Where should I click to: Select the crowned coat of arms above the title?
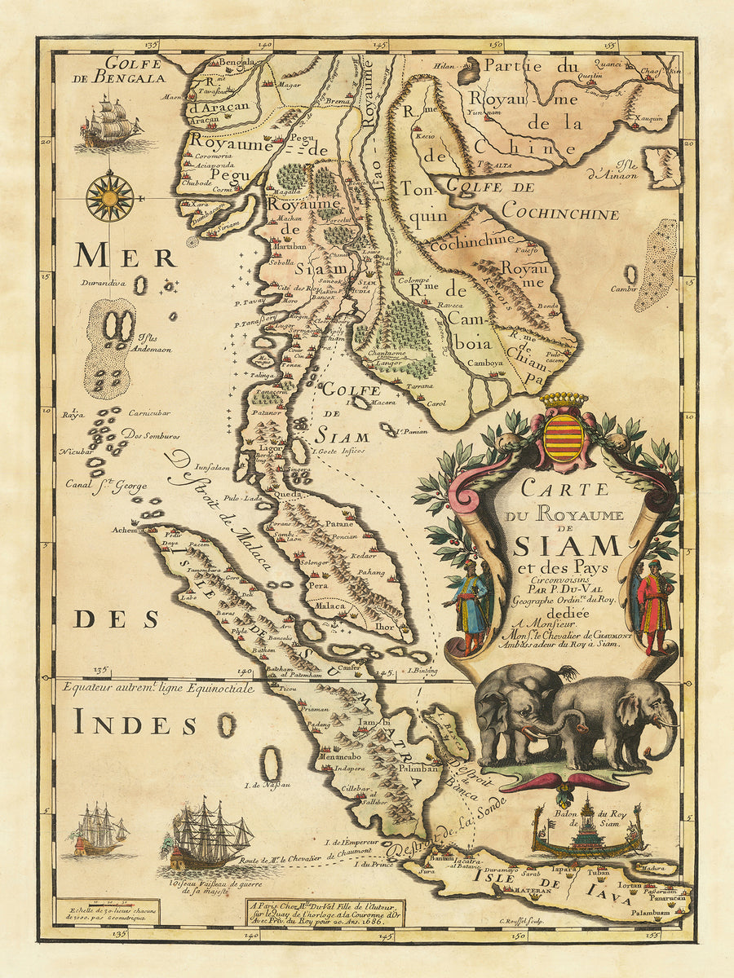564,436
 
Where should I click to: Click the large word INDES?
135,724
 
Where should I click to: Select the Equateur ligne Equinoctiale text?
157,688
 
